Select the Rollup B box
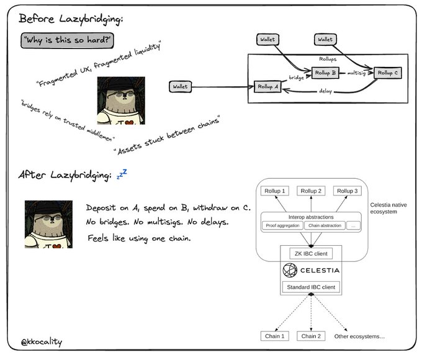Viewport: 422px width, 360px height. click(325, 73)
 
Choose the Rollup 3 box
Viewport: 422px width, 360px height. click(348, 191)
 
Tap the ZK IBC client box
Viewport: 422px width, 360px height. click(311, 253)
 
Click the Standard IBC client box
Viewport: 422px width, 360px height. click(311, 287)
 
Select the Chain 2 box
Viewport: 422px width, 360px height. click(311, 336)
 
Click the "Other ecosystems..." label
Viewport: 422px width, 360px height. click(359, 336)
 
